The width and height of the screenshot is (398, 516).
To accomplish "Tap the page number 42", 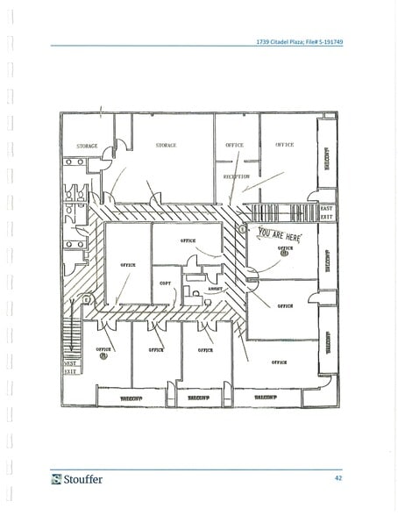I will tap(338, 478).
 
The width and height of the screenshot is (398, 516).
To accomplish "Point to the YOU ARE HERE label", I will tap(280, 234).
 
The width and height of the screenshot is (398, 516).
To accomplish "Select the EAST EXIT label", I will tap(326, 211).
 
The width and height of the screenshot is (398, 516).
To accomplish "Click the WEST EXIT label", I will tap(70, 367).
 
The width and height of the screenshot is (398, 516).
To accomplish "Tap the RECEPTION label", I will tap(237, 176).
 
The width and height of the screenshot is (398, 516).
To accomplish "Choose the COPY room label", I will tap(166, 283).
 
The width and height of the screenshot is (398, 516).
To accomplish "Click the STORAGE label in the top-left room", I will tap(87, 146).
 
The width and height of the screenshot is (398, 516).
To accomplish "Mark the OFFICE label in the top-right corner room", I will tap(285, 144).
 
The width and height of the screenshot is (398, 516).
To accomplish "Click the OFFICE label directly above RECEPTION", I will tap(234, 145).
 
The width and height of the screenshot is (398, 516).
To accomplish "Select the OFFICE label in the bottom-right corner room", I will tap(280, 362).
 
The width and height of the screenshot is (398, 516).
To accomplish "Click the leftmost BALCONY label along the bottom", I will tap(131, 398).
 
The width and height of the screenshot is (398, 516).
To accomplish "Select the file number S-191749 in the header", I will tap(320, 40).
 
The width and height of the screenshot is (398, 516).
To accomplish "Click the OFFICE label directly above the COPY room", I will tap(188, 240).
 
